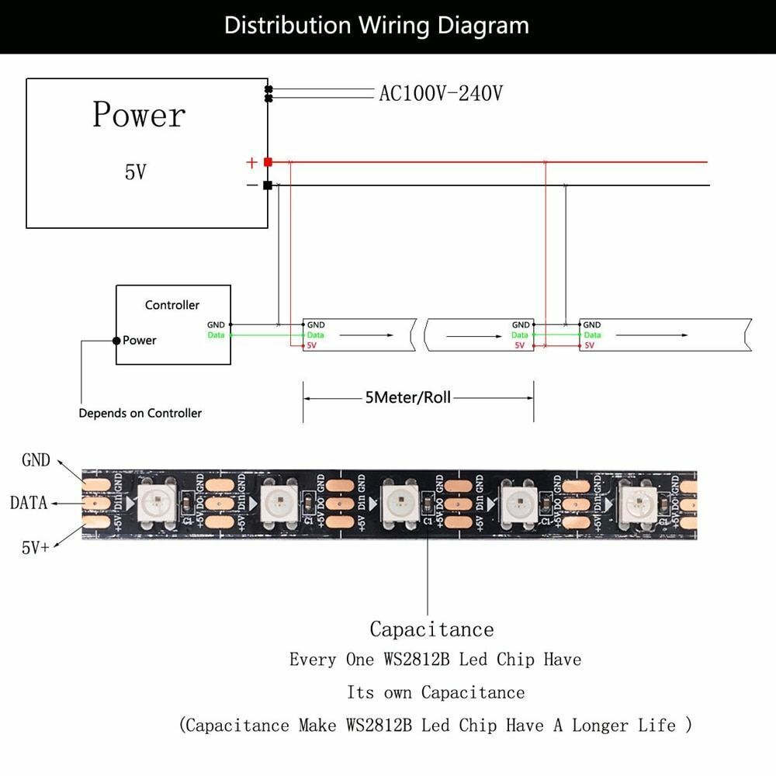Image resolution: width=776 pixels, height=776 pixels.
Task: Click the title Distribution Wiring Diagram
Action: pos(376,26)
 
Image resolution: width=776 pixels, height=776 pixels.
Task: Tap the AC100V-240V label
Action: pos(441,94)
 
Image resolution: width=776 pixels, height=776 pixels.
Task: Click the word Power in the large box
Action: pos(139,115)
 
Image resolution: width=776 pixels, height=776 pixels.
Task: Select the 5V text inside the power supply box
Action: pos(135,172)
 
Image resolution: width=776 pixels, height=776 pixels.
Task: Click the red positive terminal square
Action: pos(268,162)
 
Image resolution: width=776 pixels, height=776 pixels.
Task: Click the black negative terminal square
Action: pos(268,185)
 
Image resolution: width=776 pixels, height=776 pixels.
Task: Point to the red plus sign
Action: pos(251,163)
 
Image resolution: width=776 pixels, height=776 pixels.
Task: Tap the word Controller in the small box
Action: pos(172,305)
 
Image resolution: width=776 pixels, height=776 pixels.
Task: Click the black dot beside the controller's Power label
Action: pos(116,341)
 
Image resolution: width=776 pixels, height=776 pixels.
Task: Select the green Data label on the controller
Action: pos(217,335)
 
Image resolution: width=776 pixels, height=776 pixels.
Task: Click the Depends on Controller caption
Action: pos(140,413)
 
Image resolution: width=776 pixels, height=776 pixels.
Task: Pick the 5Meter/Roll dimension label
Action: pos(407,398)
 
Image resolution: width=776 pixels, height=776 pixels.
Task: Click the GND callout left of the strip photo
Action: pos(36,461)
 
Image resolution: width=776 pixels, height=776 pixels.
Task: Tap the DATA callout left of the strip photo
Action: pos(29,503)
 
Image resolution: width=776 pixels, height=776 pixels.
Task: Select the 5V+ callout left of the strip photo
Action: pos(35,547)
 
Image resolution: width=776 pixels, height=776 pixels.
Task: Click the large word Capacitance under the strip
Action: pos(431,629)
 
